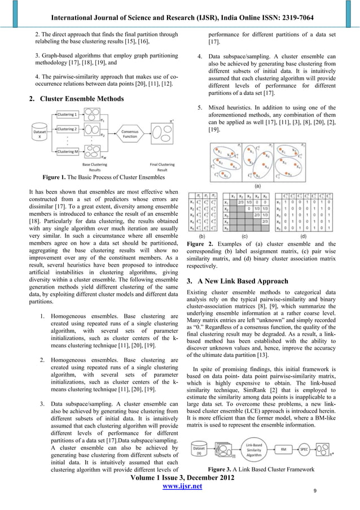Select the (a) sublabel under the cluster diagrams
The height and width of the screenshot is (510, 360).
(x=257, y=185)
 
